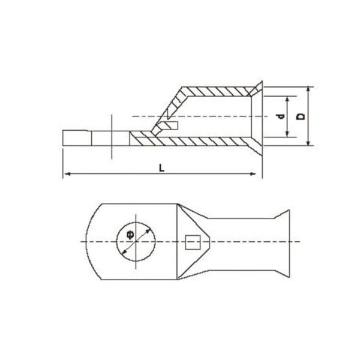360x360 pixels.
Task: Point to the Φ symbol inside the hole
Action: click(130, 235)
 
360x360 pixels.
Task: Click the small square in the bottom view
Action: click(192, 242)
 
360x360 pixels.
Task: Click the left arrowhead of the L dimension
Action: click(65, 175)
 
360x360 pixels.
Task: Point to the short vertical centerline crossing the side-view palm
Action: click(111, 137)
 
